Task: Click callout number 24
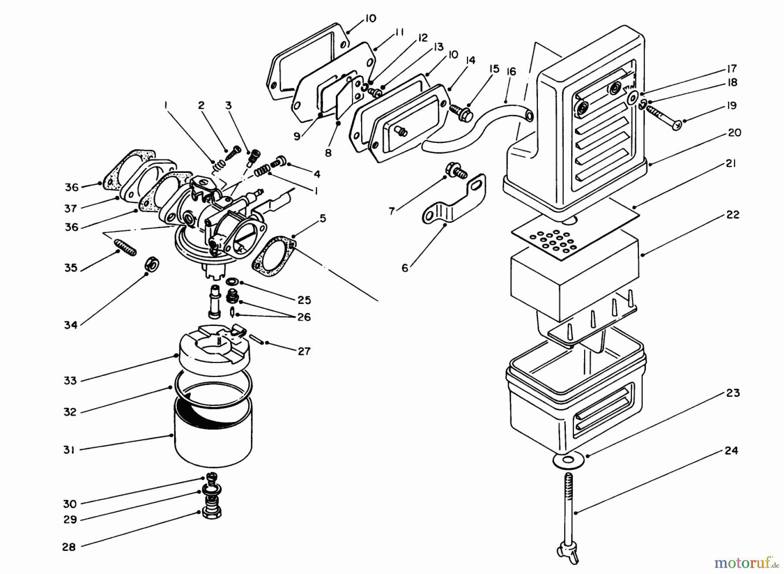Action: [731, 450]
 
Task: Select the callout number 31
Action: [69, 449]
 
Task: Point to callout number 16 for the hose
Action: [511, 71]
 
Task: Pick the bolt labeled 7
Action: [456, 170]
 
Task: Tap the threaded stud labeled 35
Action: [125, 247]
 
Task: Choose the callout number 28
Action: [69, 547]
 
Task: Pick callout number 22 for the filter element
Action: [733, 215]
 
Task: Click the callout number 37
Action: [71, 208]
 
